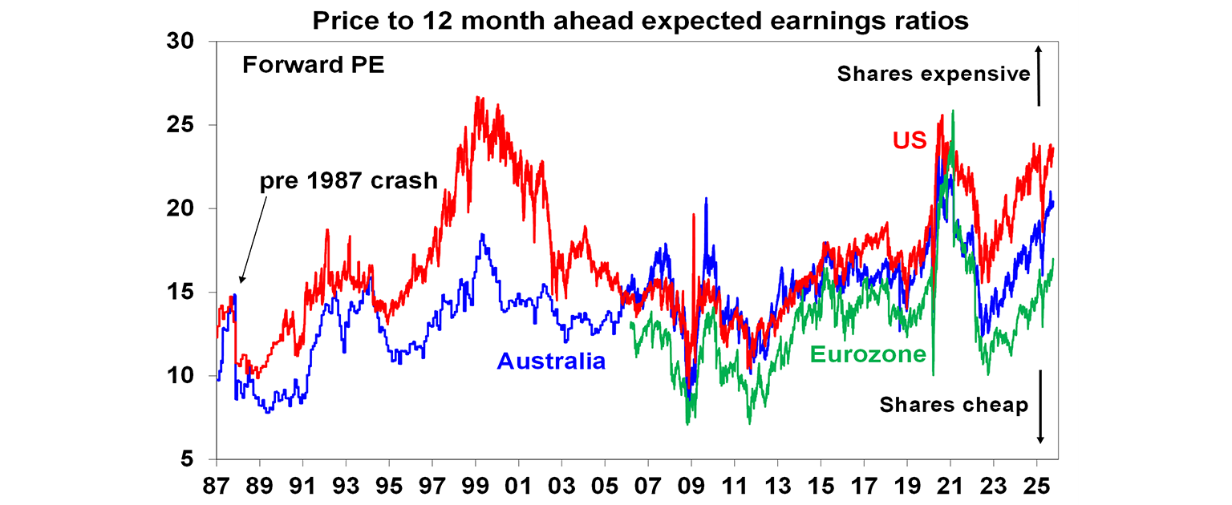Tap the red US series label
(910, 141)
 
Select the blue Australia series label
(551, 362)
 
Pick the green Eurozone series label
(869, 353)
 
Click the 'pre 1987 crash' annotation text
(348, 181)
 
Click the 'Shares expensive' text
(933, 74)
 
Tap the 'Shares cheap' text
(954, 405)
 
